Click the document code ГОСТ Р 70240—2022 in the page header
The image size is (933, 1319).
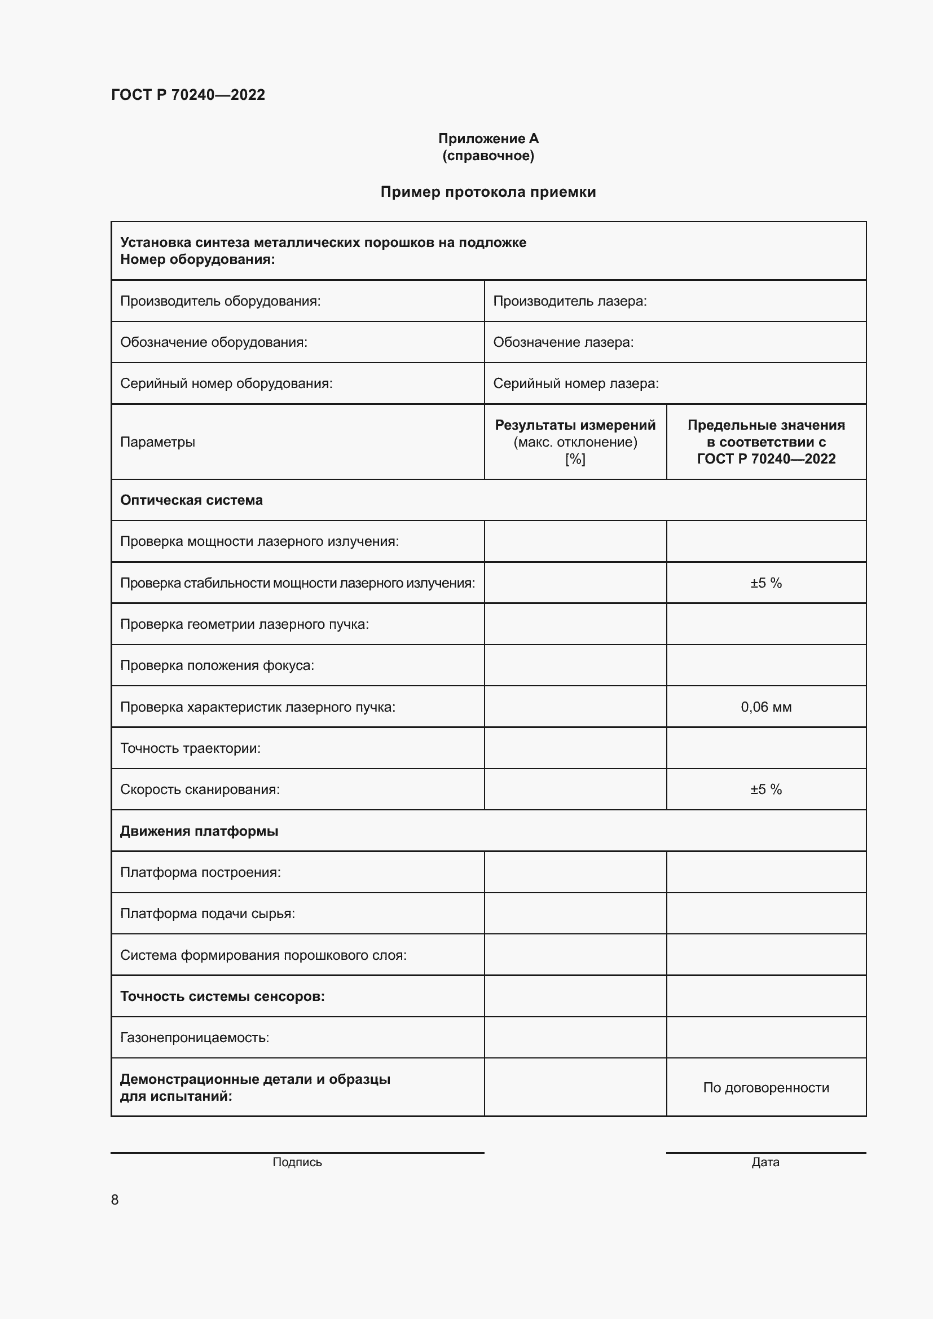[188, 95]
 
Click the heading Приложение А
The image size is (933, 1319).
[488, 139]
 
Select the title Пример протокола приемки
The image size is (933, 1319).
[488, 192]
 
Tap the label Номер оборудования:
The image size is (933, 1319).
[197, 259]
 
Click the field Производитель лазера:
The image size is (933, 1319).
[570, 301]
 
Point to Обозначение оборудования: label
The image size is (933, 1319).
[214, 342]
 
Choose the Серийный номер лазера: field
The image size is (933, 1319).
[576, 383]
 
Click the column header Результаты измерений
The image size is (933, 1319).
[575, 425]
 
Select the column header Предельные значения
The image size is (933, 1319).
[766, 425]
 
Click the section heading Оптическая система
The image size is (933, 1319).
[191, 500]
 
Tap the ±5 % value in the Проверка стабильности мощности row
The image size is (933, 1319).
[766, 583]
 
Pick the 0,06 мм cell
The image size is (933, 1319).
[766, 707]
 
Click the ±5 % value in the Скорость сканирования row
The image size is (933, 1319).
[766, 789]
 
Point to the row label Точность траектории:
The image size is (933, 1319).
[190, 748]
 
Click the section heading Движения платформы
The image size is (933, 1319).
[199, 831]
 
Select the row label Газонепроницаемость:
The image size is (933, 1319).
[194, 1038]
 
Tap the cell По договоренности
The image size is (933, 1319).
[766, 1087]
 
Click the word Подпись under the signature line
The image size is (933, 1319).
[297, 1162]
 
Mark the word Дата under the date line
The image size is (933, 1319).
[765, 1162]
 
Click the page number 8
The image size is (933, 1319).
[115, 1200]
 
